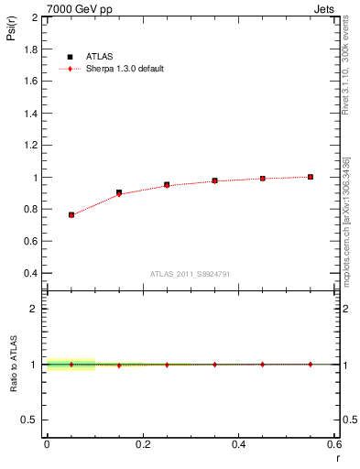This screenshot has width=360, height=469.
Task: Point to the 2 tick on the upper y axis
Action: (36, 17)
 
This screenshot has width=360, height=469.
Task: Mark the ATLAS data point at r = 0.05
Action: (71, 214)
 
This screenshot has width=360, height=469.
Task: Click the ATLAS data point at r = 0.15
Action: (119, 192)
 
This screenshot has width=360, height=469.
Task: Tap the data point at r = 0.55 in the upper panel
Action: (311, 177)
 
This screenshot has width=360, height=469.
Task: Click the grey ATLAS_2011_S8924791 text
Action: (191, 274)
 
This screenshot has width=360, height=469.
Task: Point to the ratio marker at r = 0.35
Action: (214, 365)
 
